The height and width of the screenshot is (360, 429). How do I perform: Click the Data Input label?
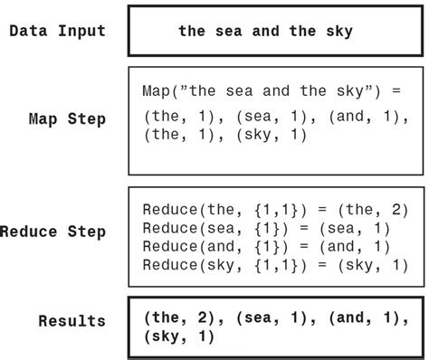coord(57,31)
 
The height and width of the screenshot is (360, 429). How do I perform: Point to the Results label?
coord(71,321)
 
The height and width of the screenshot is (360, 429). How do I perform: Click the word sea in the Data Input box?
coord(225,31)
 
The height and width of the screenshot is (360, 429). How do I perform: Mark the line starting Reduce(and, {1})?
coord(266,245)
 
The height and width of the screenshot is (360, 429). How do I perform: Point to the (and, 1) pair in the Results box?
coord(363,317)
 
